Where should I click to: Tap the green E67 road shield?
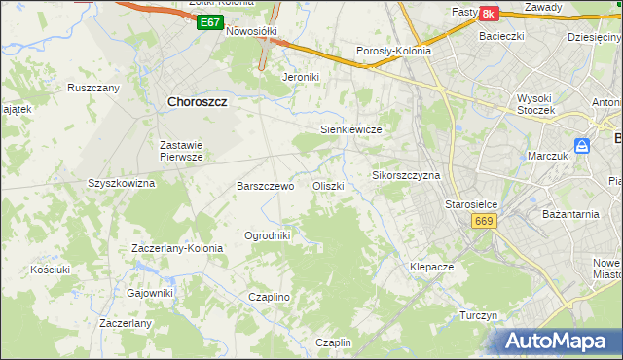point(208,21)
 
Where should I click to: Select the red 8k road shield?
point(489,13)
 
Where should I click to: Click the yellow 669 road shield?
point(485,222)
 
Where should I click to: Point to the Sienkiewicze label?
point(349,129)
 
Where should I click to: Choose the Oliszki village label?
point(327,186)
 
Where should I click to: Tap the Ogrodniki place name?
point(268,235)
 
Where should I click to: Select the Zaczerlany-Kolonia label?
point(177,248)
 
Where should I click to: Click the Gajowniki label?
point(150,292)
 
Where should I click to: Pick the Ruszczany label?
point(93,88)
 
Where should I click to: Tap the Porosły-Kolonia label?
point(394,52)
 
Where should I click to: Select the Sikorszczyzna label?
point(407,176)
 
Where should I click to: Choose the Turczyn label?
point(479,316)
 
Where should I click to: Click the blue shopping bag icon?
point(582,146)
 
